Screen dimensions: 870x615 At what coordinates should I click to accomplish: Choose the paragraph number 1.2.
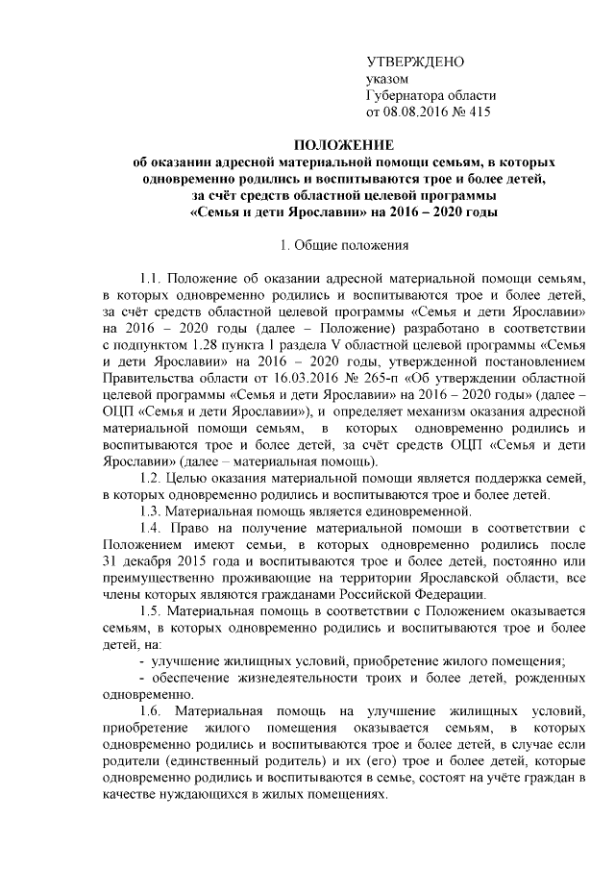[x=151, y=478]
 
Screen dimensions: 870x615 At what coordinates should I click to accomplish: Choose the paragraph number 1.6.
[x=151, y=710]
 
